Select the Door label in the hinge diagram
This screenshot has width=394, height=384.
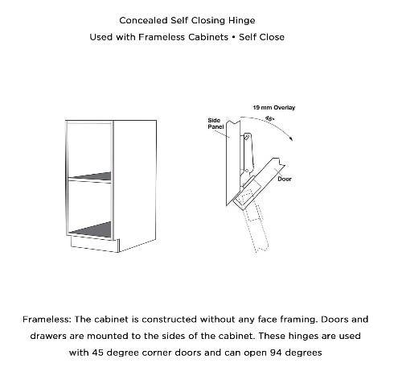point(284,180)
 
